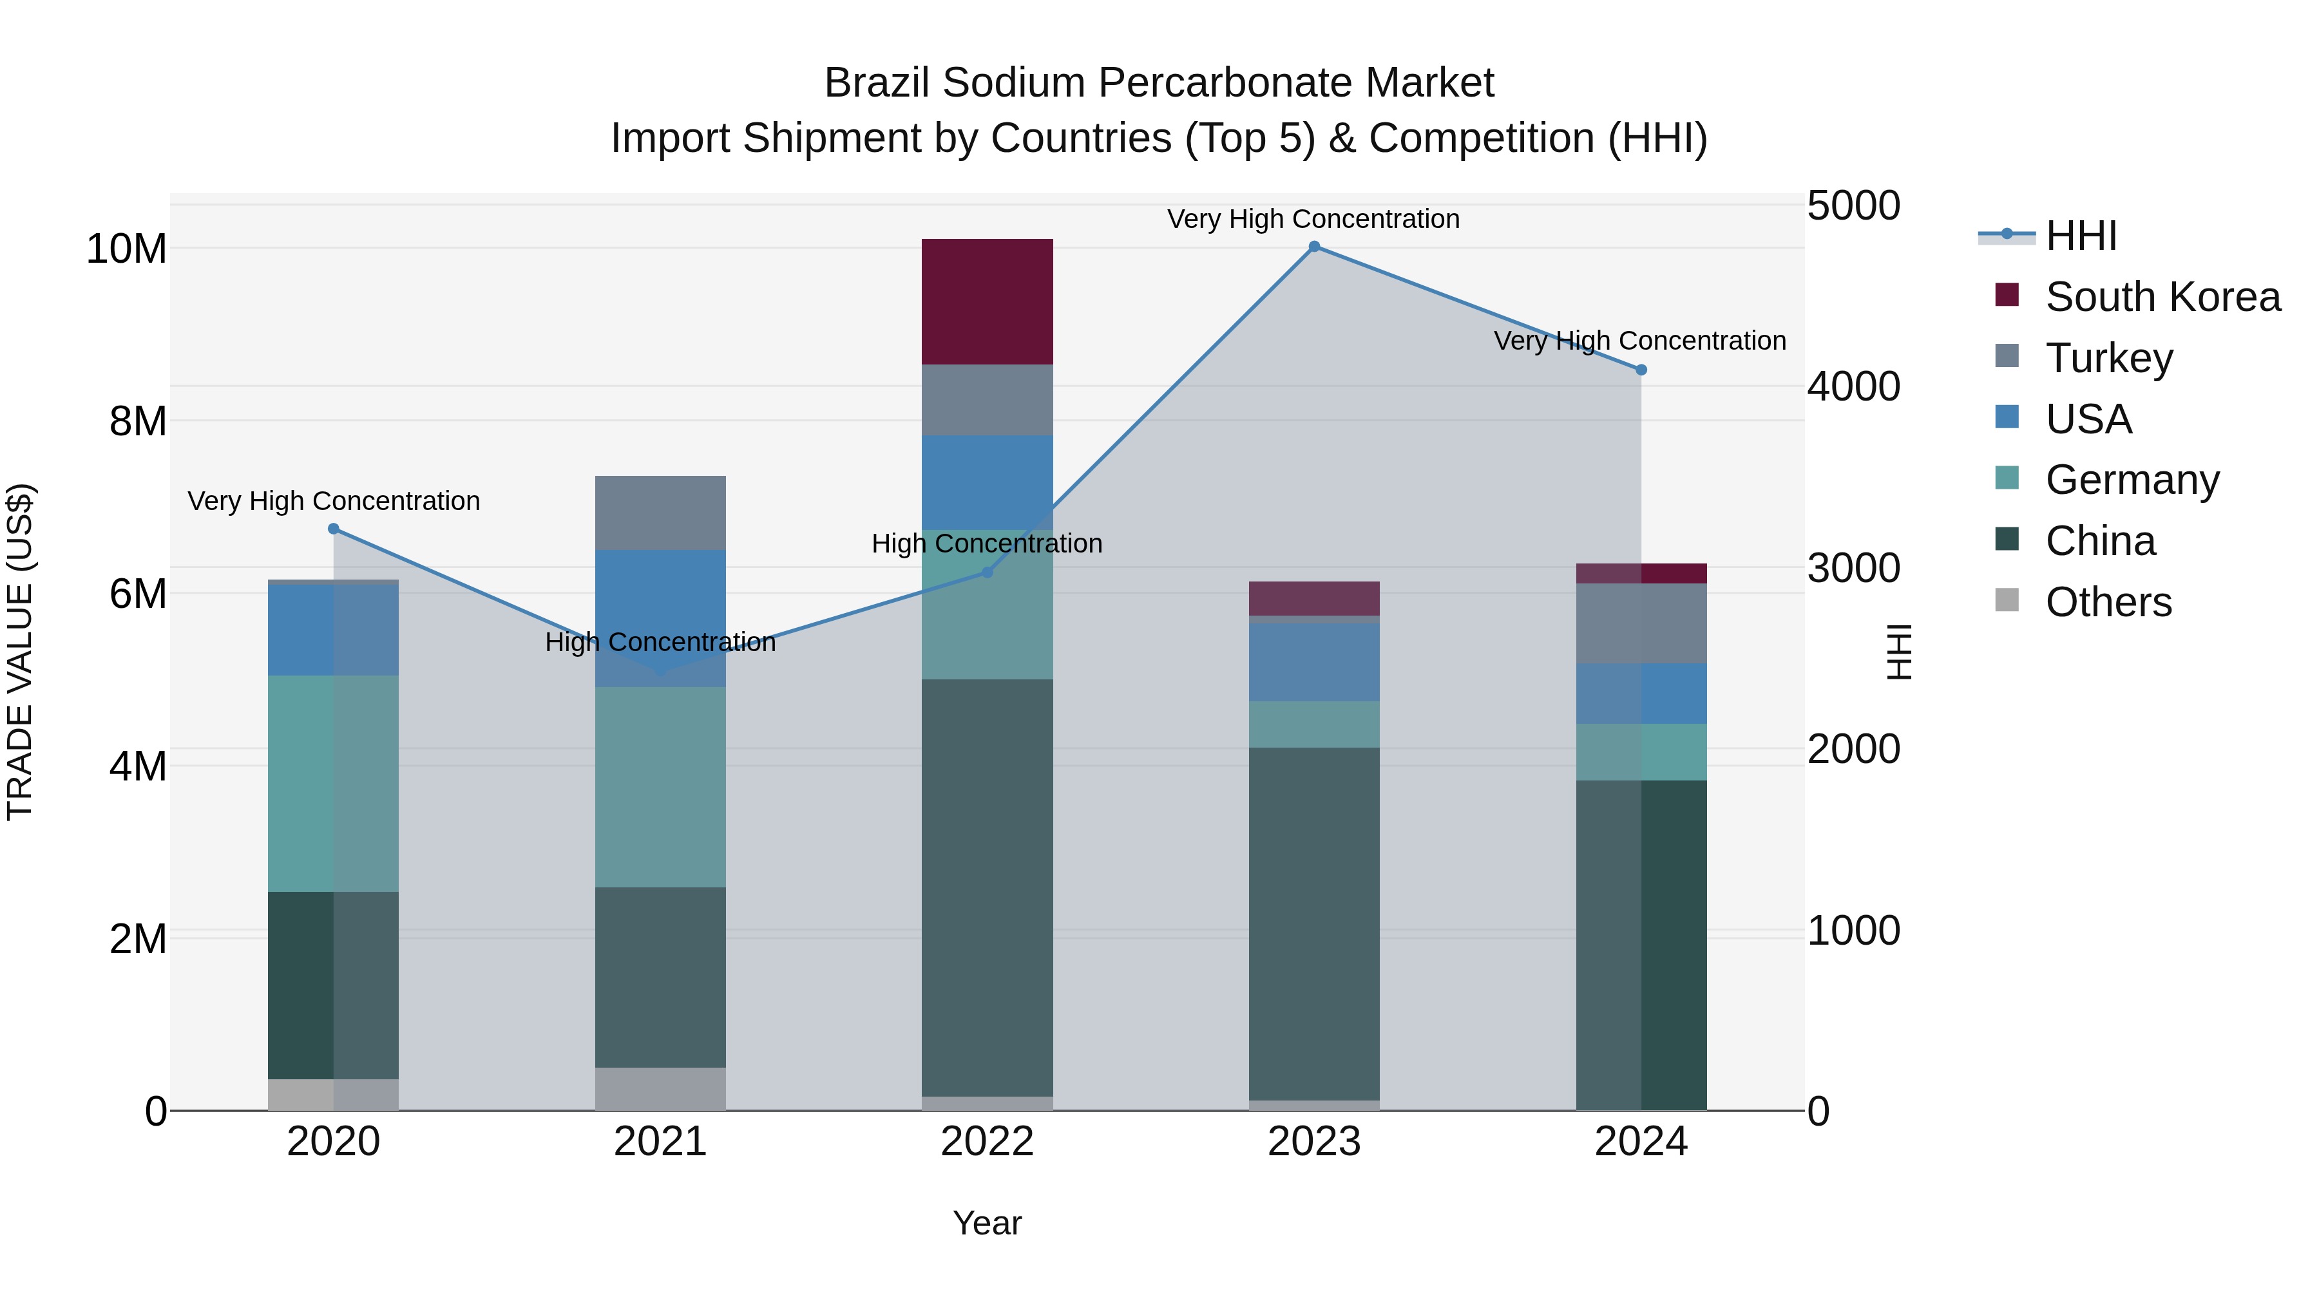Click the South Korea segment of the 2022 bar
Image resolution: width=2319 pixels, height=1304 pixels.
pyautogui.click(x=987, y=301)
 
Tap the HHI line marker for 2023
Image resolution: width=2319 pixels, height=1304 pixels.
pyautogui.click(x=1313, y=247)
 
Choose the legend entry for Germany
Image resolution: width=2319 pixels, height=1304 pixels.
pyautogui.click(x=2132, y=480)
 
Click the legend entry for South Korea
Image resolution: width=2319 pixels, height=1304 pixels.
pyautogui.click(x=2162, y=297)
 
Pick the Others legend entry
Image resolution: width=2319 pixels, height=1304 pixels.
pyautogui.click(x=2108, y=602)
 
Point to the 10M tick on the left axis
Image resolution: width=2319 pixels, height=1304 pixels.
pyautogui.click(x=126, y=249)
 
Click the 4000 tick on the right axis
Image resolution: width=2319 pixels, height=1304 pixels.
pyautogui.click(x=1853, y=387)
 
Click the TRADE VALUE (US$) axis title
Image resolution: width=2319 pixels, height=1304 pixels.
pyautogui.click(x=20, y=652)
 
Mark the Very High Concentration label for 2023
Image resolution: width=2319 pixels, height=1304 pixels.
pyautogui.click(x=1313, y=220)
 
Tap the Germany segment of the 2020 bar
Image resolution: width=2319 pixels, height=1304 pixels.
pyautogui.click(x=333, y=783)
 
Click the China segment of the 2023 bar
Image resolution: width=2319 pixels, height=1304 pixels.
pyautogui.click(x=1313, y=922)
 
